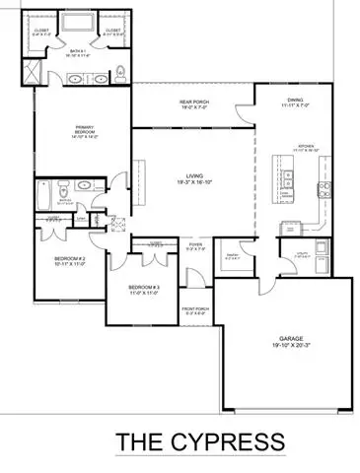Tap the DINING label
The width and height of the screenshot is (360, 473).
[291, 100]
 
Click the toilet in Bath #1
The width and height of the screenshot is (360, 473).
[119, 71]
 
